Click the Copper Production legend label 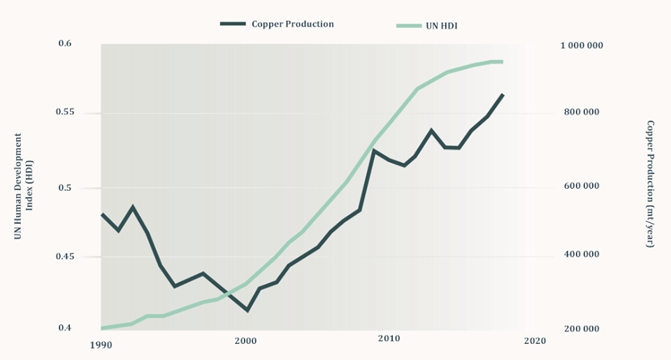coord(292,24)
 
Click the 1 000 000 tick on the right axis coord(582,45)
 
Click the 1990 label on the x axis coord(101,344)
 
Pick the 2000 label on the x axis coord(245,340)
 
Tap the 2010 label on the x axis coord(389,339)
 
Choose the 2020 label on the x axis coord(535,340)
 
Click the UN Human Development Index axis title coord(24,187)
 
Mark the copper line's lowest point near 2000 coord(247,310)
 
